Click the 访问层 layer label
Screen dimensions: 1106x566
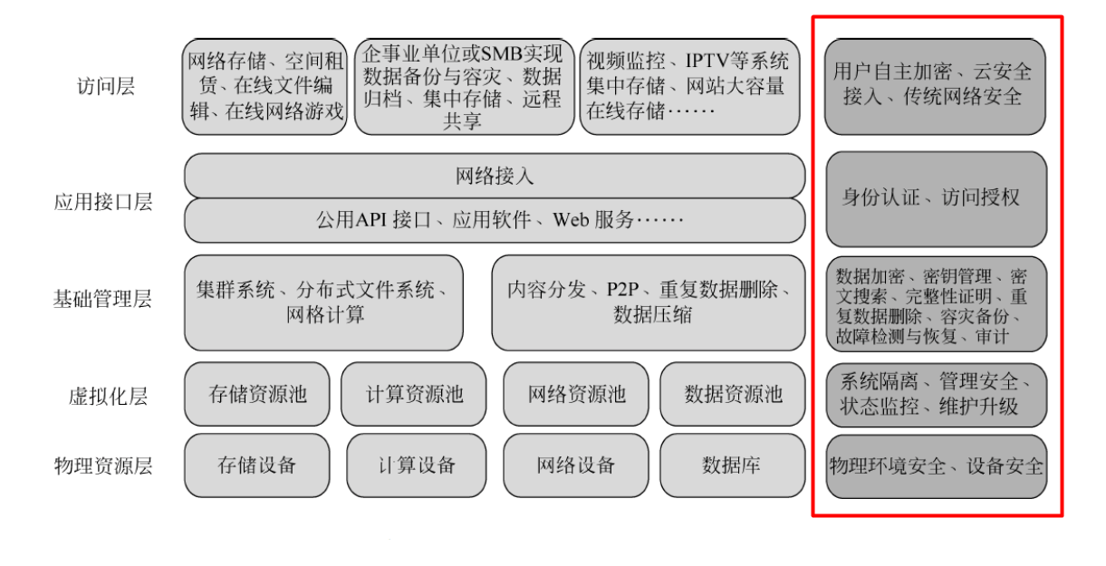tap(106, 86)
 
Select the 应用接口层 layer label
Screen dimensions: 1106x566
tap(102, 202)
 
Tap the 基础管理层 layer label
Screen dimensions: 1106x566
tap(102, 299)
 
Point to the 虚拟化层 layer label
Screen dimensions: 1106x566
tap(108, 397)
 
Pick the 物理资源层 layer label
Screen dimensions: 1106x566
tap(103, 465)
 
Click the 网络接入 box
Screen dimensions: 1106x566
tap(495, 176)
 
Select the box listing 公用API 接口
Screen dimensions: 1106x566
tap(495, 220)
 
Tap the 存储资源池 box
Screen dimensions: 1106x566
tap(256, 394)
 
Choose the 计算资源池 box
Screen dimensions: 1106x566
tap(414, 394)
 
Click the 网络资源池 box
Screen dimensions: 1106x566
tap(576, 394)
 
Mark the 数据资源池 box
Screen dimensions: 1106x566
tap(733, 394)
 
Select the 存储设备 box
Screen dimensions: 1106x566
tap(256, 465)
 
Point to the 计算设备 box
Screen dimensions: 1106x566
tap(417, 465)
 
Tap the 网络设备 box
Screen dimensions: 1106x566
tap(576, 465)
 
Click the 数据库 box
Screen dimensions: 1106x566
tap(733, 465)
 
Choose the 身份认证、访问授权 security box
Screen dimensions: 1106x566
tap(936, 199)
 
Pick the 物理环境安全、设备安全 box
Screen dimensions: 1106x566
tap(936, 466)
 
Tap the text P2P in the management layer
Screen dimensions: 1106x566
tap(622, 289)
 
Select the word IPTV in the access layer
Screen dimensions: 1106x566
tap(706, 62)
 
